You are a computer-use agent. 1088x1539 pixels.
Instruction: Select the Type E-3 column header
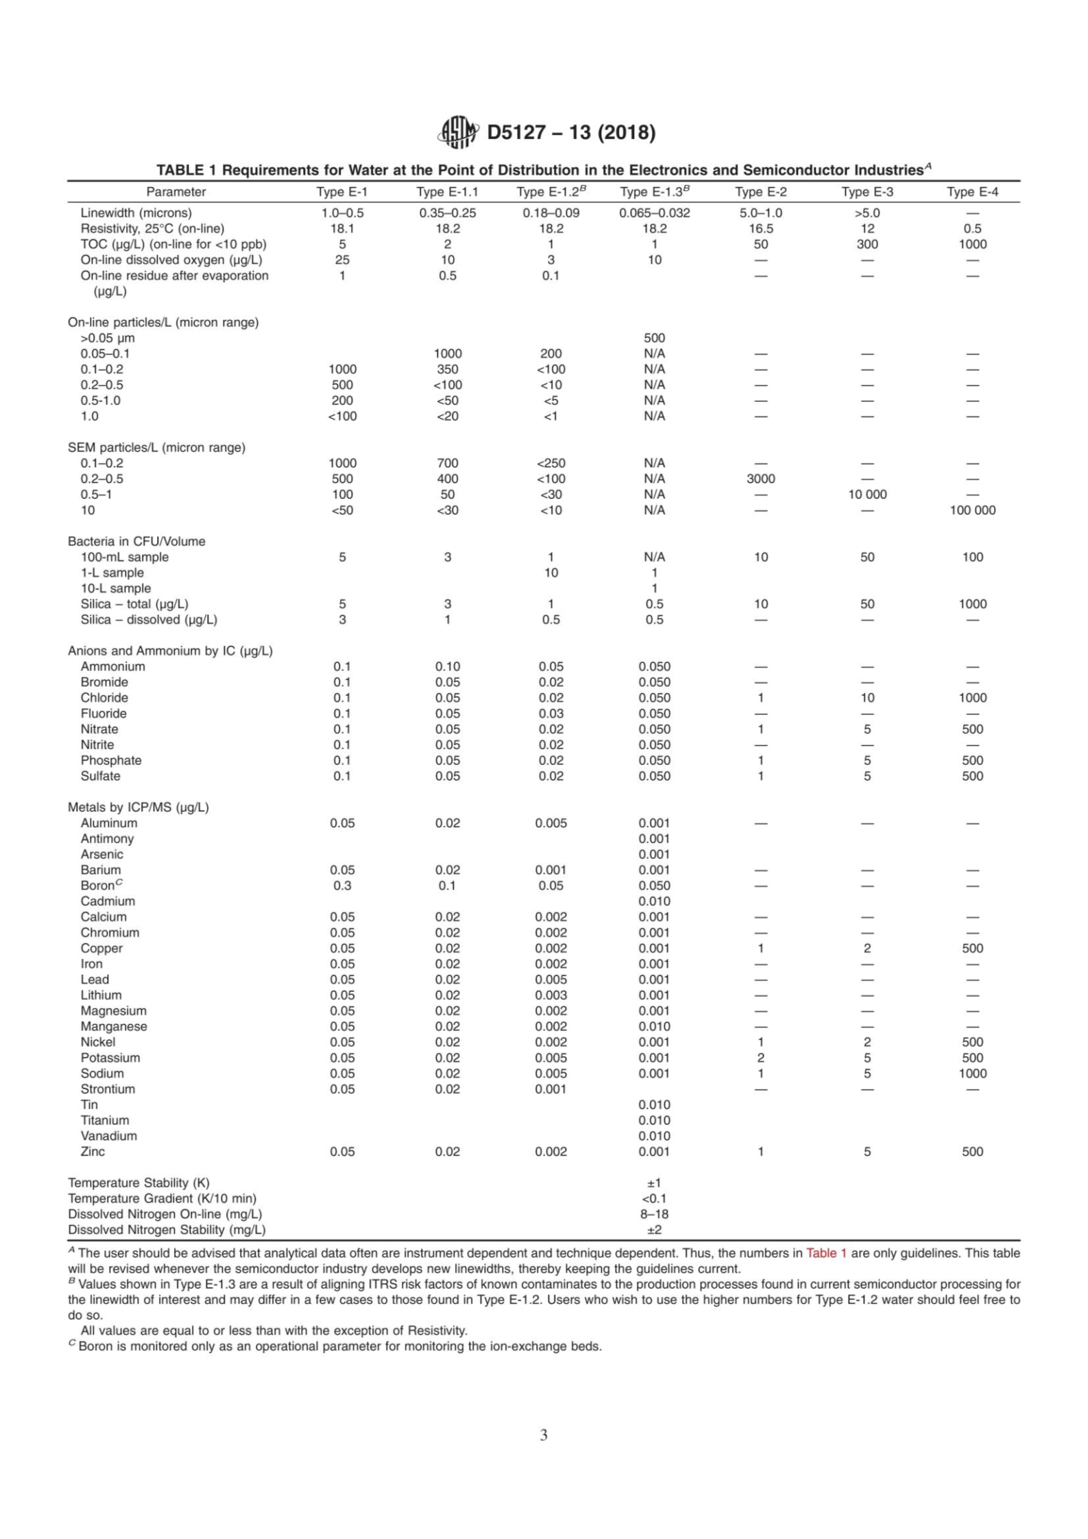[x=867, y=192]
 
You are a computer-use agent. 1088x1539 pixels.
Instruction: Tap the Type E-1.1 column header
[x=447, y=192]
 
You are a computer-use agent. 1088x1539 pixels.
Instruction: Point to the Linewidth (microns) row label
[x=136, y=213]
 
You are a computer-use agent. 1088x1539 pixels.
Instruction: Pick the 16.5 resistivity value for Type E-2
[x=760, y=228]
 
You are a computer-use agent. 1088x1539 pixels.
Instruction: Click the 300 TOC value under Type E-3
[x=867, y=244]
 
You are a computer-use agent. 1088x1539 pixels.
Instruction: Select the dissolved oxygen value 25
[x=342, y=260]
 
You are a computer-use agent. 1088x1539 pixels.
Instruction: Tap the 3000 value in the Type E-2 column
[x=760, y=478]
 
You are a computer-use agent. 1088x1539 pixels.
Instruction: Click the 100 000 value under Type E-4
[x=972, y=510]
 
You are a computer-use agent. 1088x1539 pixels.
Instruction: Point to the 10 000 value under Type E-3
[x=867, y=494]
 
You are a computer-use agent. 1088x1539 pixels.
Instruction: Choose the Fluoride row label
[x=104, y=713]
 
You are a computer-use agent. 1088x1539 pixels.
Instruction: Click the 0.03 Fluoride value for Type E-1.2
[x=551, y=713]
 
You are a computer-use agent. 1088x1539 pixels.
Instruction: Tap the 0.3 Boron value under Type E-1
[x=342, y=885]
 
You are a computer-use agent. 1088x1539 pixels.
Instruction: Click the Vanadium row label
[x=108, y=1135]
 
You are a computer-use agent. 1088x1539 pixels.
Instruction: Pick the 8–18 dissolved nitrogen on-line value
[x=654, y=1214]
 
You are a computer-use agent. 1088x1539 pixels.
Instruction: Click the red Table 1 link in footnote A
[x=826, y=1253]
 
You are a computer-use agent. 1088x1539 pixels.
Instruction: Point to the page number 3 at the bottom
[x=544, y=1435]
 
